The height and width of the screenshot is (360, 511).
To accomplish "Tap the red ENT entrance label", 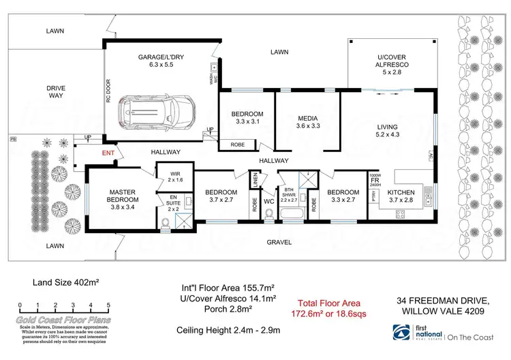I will coord(108,153).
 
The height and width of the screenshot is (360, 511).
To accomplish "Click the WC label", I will coord(268,201).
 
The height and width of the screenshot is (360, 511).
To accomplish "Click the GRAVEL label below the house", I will coord(279,242).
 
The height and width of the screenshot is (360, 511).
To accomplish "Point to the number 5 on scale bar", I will coord(108,305).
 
